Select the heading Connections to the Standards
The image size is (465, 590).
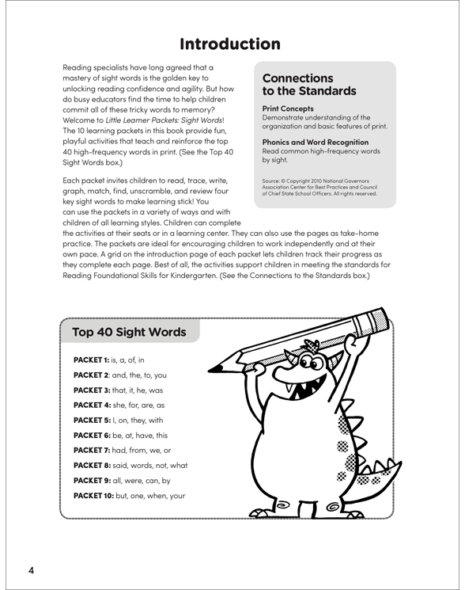point(309,85)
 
